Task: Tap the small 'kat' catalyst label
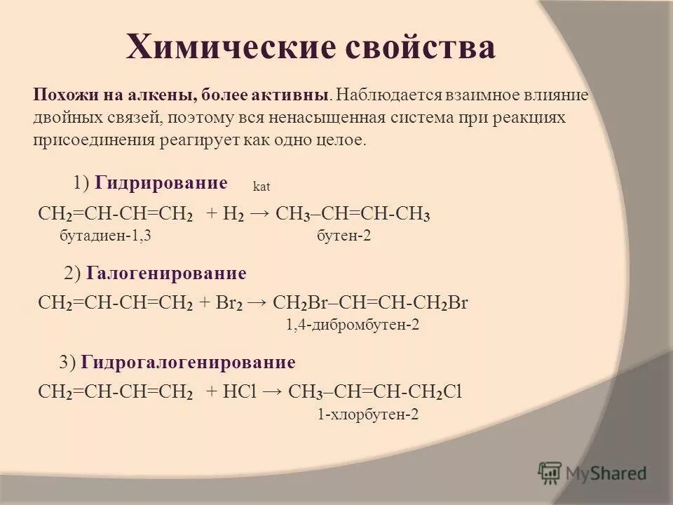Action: point(261,187)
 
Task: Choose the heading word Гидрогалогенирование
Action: point(188,362)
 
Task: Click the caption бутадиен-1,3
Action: point(105,236)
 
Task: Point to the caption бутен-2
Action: point(344,236)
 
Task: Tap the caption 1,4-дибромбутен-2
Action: point(353,325)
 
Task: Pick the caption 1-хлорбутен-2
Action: point(368,415)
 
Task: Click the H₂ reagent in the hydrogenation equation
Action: point(234,215)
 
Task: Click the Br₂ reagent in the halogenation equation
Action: point(229,304)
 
